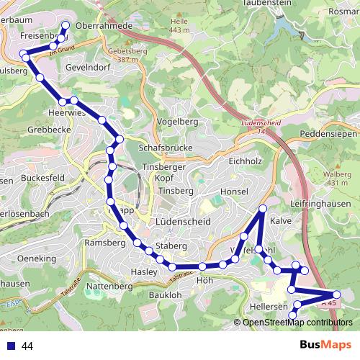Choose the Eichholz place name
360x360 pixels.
click(243, 162)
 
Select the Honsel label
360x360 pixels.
click(233, 194)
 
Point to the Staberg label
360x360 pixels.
click(171, 247)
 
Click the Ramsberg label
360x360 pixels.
click(101, 243)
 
